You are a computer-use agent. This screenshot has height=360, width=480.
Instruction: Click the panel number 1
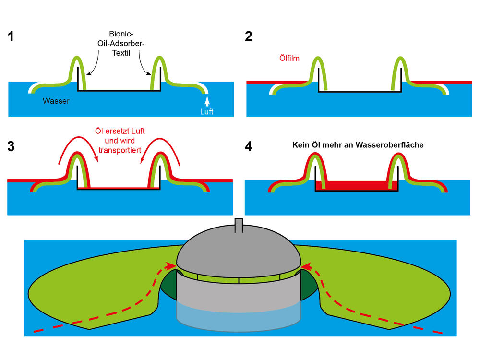point(12,36)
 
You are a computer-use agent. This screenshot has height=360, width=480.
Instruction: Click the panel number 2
point(248,36)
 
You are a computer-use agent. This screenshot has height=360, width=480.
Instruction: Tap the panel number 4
point(248,147)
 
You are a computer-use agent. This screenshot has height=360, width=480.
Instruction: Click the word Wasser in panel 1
point(56,101)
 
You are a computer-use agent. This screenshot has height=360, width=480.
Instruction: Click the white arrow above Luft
point(207,100)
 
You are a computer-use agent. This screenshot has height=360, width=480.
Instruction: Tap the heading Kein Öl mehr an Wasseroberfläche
point(358,144)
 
